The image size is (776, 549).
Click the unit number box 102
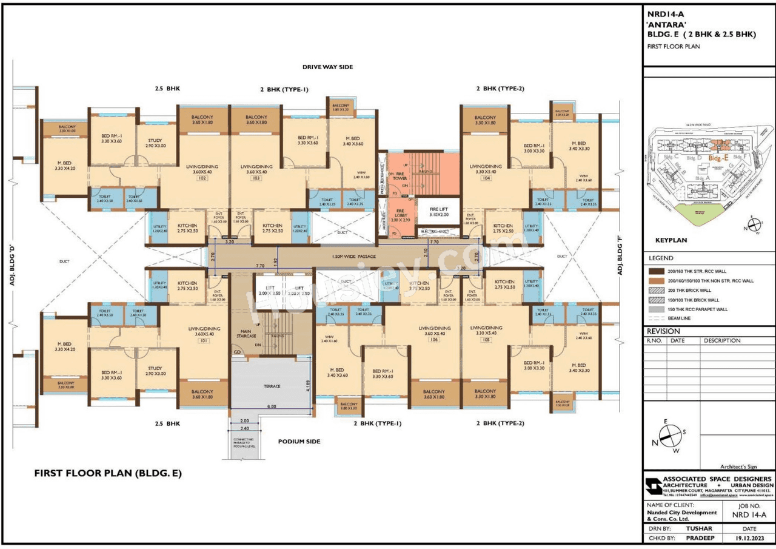(x=202, y=178)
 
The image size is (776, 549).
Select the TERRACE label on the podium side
(x=272, y=386)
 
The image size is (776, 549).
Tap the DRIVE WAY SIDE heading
(x=327, y=67)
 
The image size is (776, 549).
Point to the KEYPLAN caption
(x=671, y=240)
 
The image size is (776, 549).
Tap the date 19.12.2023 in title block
(x=752, y=537)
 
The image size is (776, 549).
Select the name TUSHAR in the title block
(x=698, y=528)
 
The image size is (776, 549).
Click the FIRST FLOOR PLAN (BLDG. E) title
(x=107, y=473)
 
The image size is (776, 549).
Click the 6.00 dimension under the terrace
(x=272, y=406)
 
